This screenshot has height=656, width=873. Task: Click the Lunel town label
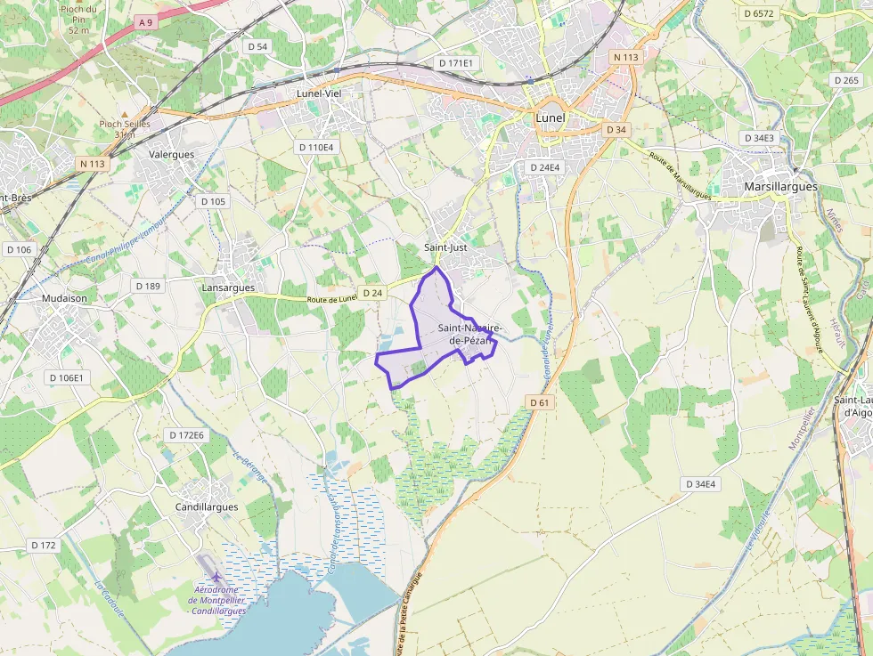[551, 117]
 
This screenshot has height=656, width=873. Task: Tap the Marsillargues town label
[779, 187]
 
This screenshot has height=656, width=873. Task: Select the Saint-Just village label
[445, 247]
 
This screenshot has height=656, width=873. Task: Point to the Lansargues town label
[228, 288]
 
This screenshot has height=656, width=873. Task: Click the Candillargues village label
[206, 507]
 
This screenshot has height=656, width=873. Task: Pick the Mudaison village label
[65, 299]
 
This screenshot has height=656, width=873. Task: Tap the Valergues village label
[171, 154]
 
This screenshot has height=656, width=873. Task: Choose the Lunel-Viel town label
[319, 93]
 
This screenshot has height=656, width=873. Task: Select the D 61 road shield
[540, 402]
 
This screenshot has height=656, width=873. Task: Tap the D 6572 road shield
[758, 13]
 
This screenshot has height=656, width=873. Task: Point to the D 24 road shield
[372, 293]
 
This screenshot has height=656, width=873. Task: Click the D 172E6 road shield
[186, 435]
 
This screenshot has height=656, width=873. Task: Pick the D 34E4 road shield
[699, 484]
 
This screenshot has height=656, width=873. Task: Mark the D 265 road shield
[847, 80]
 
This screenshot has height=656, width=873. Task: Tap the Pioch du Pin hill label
[79, 18]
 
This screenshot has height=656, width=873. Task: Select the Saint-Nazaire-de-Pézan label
[469, 334]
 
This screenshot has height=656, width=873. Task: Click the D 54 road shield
[257, 46]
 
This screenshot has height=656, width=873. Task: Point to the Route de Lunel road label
[332, 300]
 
